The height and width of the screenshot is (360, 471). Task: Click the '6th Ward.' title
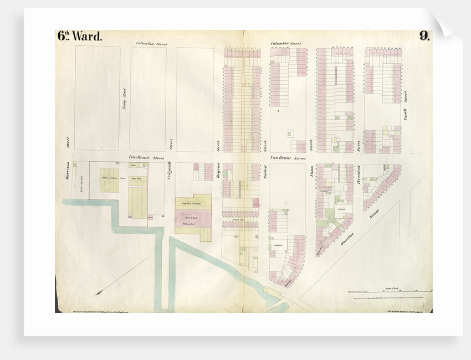80,37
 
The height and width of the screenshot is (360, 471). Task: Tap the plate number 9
424,37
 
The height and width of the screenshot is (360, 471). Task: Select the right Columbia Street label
285,43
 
